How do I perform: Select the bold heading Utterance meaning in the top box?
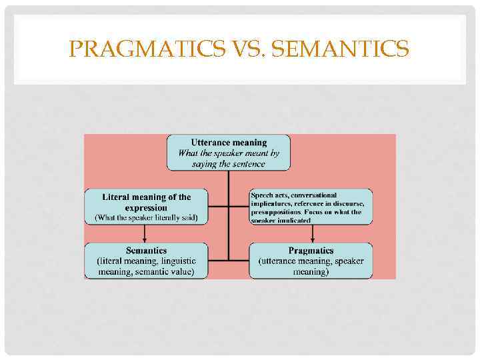click(229, 142)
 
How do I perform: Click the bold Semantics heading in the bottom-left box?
click(147, 251)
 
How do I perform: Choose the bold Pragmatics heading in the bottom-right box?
click(311, 251)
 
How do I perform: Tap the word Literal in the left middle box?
click(116, 197)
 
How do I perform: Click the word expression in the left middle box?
click(147, 207)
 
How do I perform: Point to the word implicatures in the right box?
click(273, 203)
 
